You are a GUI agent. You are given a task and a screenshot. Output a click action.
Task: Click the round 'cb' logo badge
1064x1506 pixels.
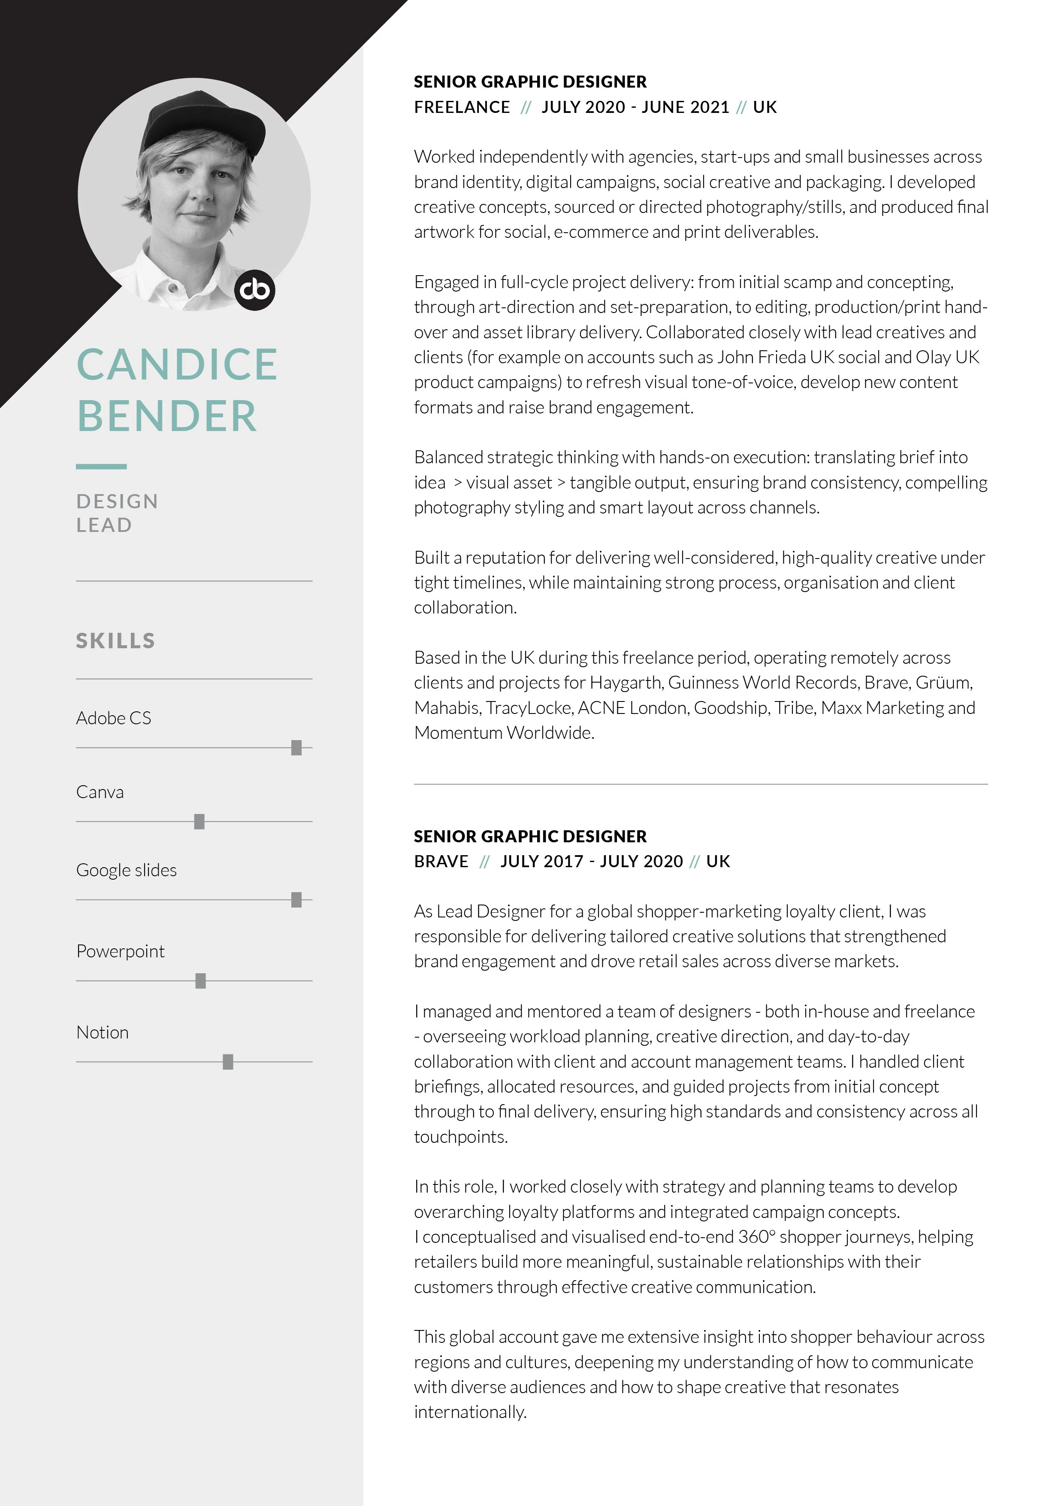pos(255,290)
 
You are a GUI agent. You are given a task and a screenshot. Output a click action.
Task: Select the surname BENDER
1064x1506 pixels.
pos(167,416)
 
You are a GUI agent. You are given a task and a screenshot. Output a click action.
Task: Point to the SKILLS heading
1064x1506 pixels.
pos(115,641)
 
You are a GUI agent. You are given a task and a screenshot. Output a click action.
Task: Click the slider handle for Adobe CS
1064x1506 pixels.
pos(296,748)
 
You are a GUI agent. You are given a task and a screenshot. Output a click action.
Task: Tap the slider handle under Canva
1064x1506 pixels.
pos(199,822)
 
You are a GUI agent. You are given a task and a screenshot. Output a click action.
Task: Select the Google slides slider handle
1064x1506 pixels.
pos(296,900)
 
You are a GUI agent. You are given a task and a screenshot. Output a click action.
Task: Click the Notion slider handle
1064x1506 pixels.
pos(228,1062)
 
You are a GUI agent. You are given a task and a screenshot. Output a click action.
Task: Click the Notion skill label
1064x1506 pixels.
pos(102,1032)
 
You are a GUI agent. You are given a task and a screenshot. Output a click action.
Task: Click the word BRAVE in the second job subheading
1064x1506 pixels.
pos(441,861)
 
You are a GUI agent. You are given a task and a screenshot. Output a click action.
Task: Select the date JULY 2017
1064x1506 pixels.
pos(541,861)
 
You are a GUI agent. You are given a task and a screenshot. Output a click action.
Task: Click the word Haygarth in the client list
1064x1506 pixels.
pos(626,683)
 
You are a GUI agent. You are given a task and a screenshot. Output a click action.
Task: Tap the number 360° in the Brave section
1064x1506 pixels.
pos(756,1237)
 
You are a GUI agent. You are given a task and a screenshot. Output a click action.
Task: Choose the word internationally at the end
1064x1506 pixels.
pos(470,1412)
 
